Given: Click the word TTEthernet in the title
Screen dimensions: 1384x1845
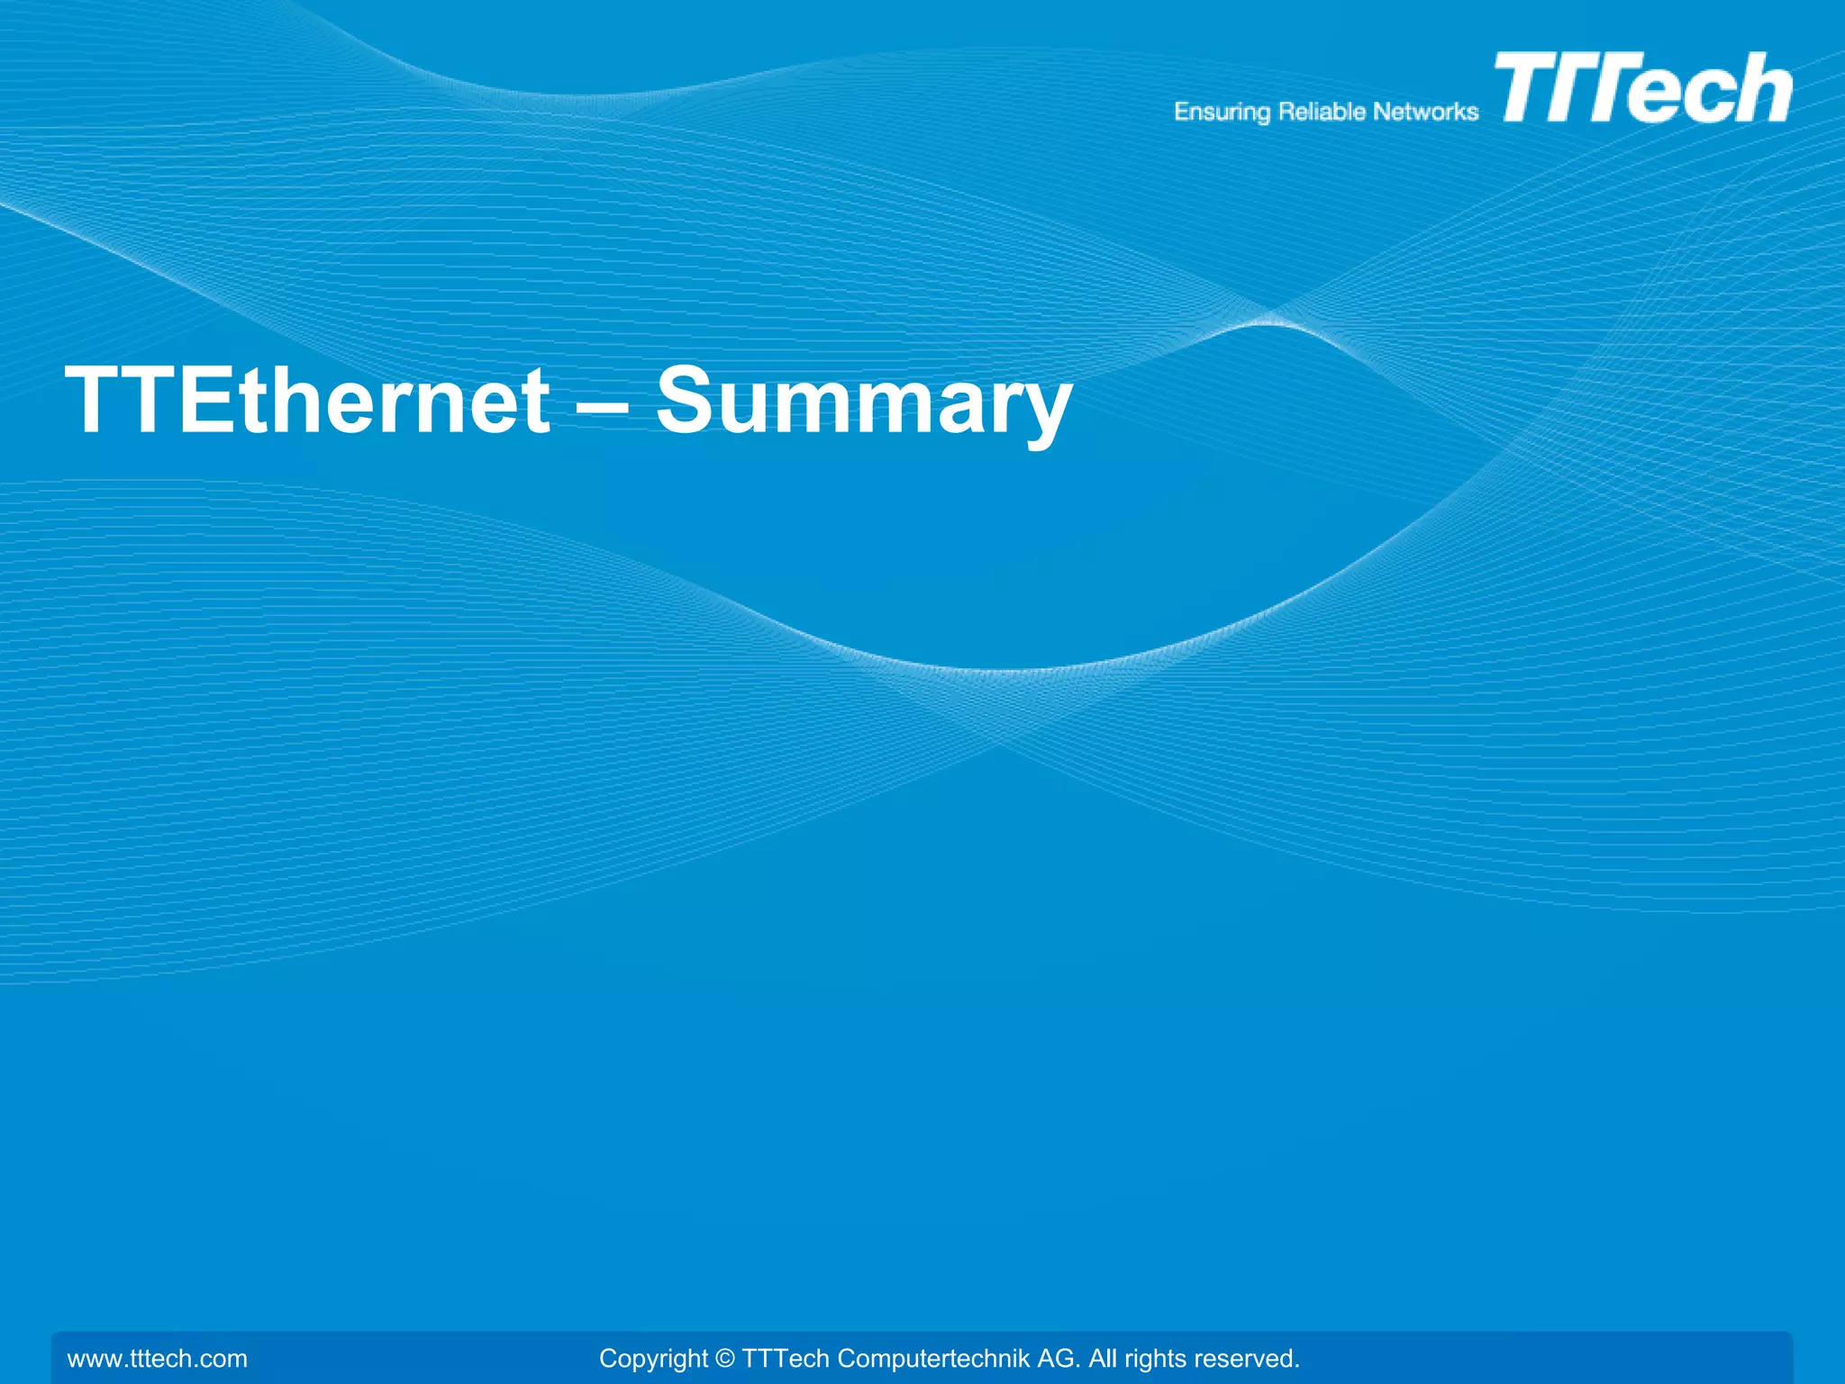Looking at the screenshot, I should pyautogui.click(x=307, y=401).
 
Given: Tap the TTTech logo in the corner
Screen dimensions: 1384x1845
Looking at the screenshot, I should pyautogui.click(x=1642, y=87).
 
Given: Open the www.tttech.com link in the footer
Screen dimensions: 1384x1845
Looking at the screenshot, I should pyautogui.click(x=158, y=1358).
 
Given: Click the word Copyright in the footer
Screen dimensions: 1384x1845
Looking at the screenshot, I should pyautogui.click(x=653, y=1358).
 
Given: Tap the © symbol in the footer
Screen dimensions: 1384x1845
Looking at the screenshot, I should pyautogui.click(x=724, y=1358).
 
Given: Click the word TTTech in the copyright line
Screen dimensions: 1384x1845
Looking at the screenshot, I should pyautogui.click(x=784, y=1358).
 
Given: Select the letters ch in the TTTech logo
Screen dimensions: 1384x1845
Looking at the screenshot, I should pyautogui.click(x=1744, y=90).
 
